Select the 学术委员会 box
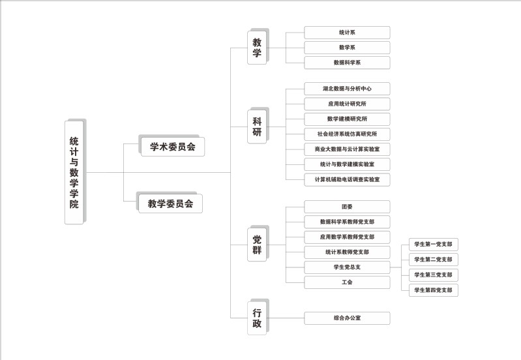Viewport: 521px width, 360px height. click(172, 147)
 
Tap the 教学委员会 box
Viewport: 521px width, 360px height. click(170, 203)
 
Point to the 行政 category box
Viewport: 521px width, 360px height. click(257, 318)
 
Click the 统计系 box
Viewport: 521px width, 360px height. click(347, 33)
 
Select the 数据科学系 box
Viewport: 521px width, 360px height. click(347, 63)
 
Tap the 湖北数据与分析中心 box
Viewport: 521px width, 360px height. click(347, 89)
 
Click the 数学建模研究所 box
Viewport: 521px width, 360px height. click(347, 119)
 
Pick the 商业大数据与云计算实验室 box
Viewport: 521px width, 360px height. click(347, 149)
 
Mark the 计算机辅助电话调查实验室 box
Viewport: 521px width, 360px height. click(347, 179)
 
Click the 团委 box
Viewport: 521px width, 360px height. click(347, 207)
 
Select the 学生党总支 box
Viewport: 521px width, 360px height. click(347, 267)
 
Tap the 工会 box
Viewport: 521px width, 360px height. click(347, 282)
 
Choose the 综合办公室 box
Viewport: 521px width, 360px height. click(347, 318)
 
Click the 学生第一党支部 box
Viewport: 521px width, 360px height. click(433, 245)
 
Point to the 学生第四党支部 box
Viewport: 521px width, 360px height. click(433, 290)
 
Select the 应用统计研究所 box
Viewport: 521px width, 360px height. click(347, 104)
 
